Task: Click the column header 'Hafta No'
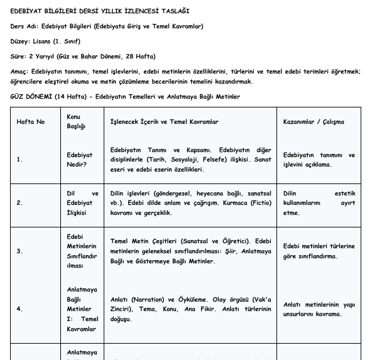30,121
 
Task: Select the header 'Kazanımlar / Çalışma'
314,121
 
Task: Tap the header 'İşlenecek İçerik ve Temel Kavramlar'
165,121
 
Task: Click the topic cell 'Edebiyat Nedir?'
80,160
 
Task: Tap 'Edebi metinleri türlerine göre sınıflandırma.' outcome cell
319,251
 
